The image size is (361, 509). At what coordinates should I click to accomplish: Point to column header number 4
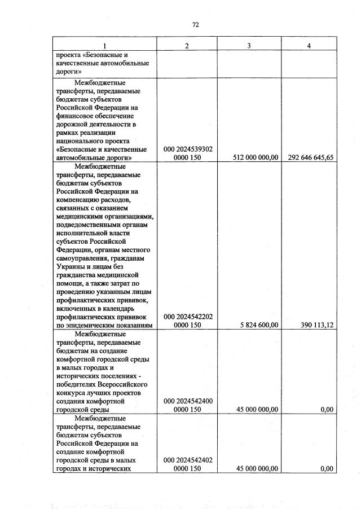tap(309, 46)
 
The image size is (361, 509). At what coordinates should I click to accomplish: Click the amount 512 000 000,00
tap(256, 158)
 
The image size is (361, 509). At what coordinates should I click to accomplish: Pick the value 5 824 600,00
tap(259, 325)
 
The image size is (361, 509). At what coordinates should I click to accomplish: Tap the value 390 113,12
tap(315, 325)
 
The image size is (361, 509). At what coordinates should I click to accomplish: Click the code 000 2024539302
tap(188, 150)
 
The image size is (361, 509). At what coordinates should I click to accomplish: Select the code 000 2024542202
tap(188, 317)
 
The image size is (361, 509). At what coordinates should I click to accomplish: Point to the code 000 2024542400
tap(188, 401)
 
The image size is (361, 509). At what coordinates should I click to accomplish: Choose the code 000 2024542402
tap(188, 460)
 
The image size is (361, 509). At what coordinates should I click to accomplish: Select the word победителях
tap(78, 384)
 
